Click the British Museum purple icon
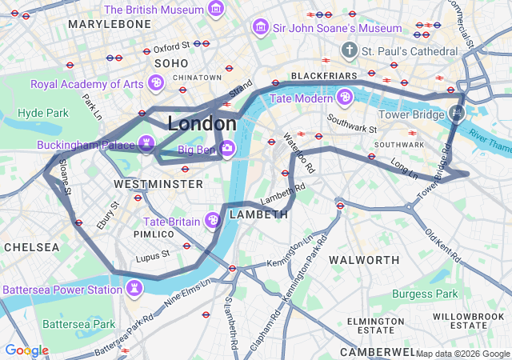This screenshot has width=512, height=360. click(x=215, y=10)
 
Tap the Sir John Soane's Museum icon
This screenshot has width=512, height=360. click(x=260, y=28)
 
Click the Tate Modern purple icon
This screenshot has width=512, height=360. click(x=345, y=98)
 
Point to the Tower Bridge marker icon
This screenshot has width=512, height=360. click(x=457, y=113)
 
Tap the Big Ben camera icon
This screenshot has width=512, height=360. click(x=228, y=148)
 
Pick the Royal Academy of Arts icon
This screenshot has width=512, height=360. click(x=157, y=82)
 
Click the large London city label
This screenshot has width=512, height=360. click(x=202, y=124)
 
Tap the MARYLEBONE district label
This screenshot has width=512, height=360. click(x=109, y=25)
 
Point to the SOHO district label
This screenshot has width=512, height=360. click(x=171, y=62)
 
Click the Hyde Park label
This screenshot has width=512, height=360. click(x=43, y=113)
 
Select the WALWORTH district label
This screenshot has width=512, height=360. click(x=364, y=260)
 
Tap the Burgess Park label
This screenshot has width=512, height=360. click(x=425, y=294)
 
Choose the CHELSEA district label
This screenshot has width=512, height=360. click(x=30, y=247)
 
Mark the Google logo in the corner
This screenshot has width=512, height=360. click(x=26, y=350)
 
